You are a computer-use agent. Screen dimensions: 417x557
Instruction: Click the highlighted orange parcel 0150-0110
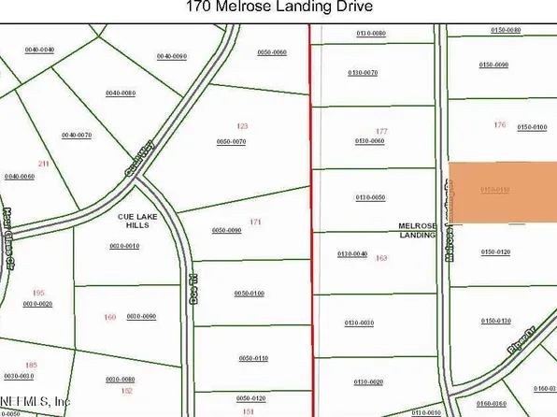(504, 194)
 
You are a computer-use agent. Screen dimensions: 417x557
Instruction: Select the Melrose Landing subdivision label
(418, 230)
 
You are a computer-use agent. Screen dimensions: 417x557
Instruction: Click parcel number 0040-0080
(121, 93)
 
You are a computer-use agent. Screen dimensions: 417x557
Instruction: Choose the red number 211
(42, 164)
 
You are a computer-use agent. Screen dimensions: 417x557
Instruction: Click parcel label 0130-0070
(363, 72)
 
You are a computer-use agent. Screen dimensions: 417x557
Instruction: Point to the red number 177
(381, 132)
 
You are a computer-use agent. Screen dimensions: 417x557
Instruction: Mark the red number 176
(498, 124)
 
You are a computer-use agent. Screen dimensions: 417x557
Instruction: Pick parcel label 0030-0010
(123, 246)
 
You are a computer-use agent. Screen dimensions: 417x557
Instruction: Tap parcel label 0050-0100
(250, 294)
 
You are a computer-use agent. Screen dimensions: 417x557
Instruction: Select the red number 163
(381, 257)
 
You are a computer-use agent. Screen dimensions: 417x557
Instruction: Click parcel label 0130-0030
(359, 323)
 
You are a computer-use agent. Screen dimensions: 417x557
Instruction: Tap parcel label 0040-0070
(77, 136)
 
